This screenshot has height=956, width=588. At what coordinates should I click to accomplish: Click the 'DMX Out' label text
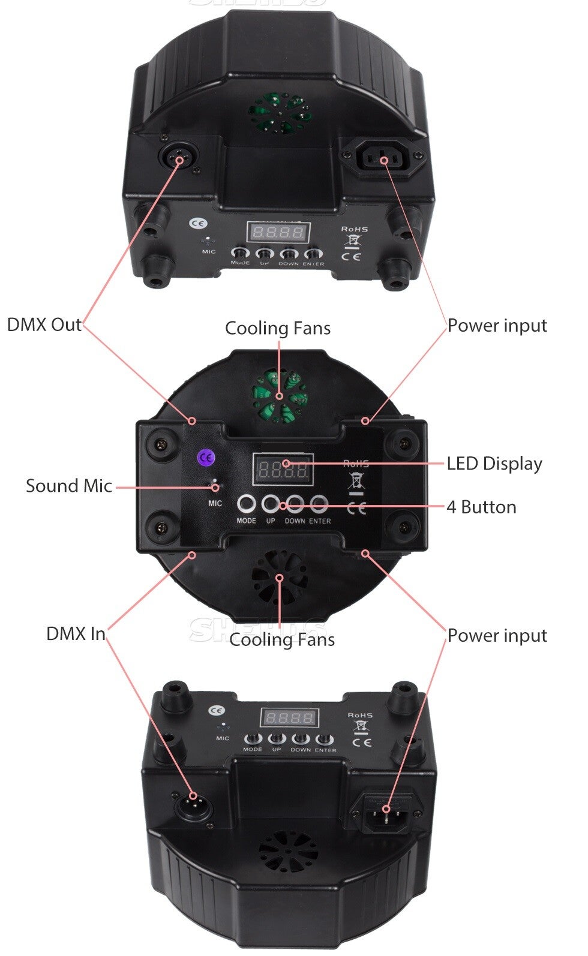pos(44,325)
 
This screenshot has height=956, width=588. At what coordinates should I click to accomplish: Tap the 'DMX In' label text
pos(76,634)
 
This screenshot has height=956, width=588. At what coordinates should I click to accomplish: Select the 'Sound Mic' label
pos(68,486)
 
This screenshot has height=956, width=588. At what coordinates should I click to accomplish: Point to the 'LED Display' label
pos(494,464)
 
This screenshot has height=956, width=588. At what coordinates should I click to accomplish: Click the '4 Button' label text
pos(481,507)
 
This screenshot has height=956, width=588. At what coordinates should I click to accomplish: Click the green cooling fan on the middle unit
pos(280,395)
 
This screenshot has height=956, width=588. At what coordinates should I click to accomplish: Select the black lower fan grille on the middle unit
pos(280,579)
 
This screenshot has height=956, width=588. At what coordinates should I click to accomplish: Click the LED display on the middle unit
pos(283,468)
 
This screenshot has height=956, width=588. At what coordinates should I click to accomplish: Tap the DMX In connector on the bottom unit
pos(193,806)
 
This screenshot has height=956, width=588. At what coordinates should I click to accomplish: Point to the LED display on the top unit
pos(278,232)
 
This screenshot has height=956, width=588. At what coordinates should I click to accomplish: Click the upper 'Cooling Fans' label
pos(278,328)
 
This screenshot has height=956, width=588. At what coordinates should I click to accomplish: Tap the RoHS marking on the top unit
pos(354,229)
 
